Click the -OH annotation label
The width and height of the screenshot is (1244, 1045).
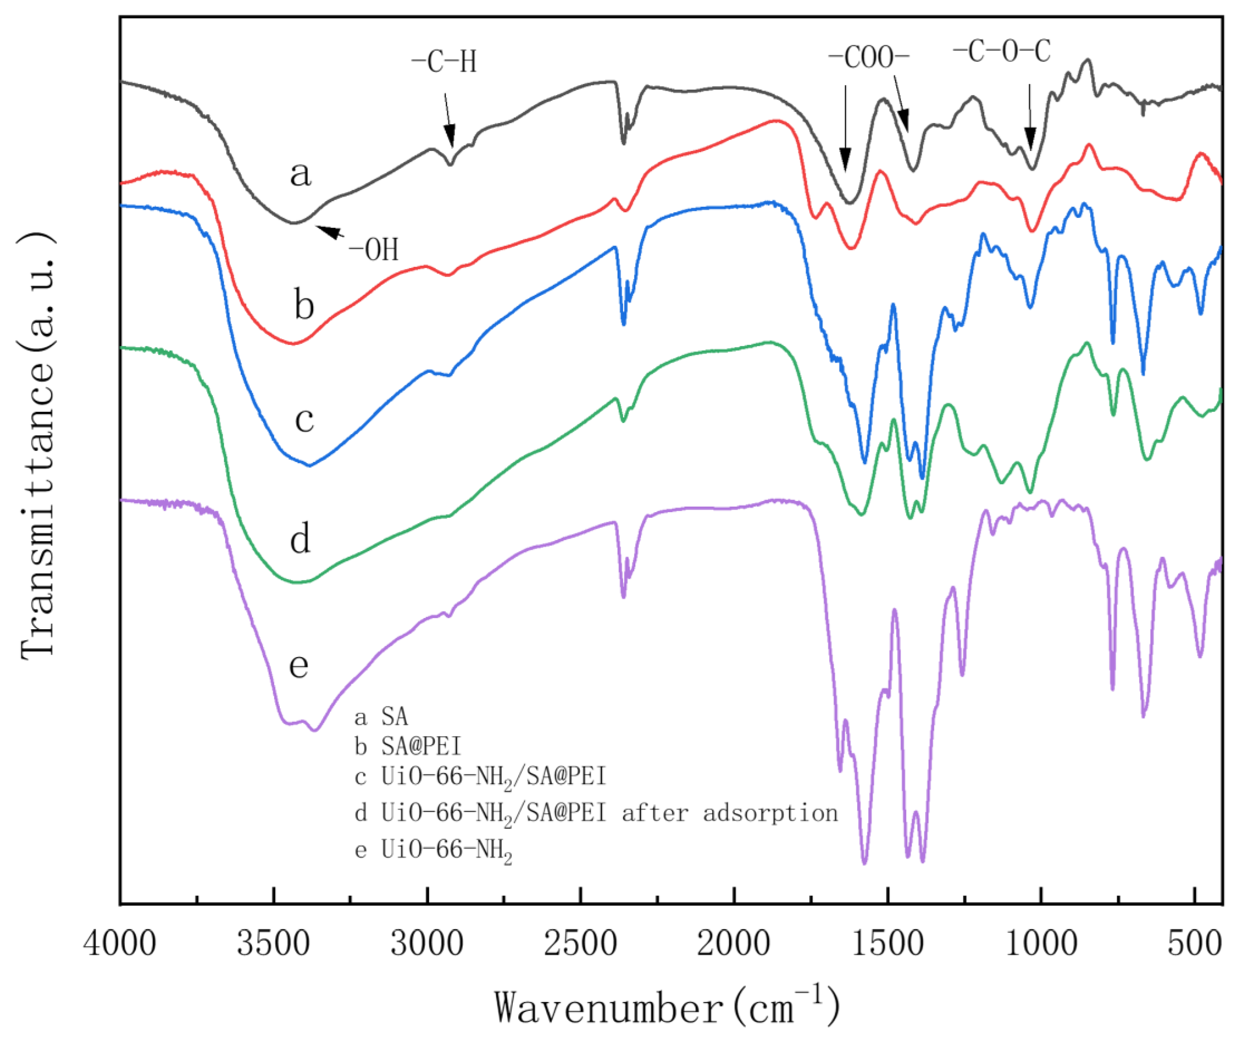point(373,249)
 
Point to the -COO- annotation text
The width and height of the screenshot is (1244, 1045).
point(869,58)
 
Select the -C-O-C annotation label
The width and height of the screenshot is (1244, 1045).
point(1002,52)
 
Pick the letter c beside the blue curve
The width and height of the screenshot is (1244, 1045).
point(304,420)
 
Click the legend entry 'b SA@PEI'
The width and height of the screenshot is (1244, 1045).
point(408,746)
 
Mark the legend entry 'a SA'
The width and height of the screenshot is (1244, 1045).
point(381,717)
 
